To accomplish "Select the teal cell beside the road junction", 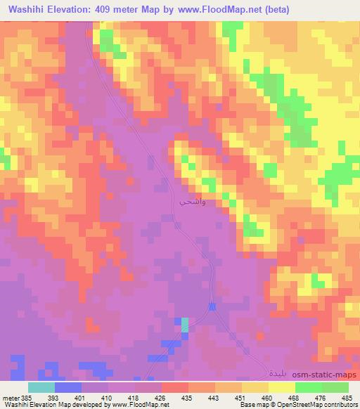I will click(x=185, y=324).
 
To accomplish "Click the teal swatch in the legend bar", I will click(x=41, y=387).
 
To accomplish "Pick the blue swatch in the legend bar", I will click(x=68, y=387).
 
